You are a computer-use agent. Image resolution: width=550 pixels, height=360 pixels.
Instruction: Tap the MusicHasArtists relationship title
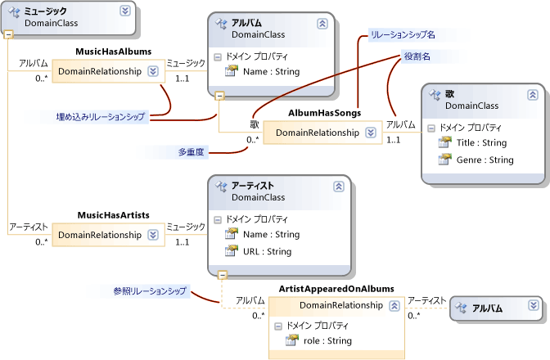point(113,214)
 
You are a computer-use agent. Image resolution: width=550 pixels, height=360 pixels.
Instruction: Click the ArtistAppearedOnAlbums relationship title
point(336,289)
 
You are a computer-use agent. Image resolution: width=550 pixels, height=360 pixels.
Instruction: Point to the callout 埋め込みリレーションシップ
point(95,117)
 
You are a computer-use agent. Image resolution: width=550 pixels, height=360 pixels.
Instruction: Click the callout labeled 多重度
point(192,151)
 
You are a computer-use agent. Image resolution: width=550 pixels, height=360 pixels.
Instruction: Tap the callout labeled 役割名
point(417,56)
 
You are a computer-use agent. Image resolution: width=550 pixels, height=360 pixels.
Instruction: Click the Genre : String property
point(485,160)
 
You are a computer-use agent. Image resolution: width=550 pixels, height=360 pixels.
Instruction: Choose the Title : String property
point(482,142)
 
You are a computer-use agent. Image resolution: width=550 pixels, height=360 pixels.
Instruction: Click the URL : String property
point(267,251)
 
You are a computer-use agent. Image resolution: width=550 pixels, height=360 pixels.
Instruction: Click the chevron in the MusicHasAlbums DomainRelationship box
point(152,71)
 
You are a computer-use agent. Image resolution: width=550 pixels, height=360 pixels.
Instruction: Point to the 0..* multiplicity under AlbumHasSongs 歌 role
point(252,139)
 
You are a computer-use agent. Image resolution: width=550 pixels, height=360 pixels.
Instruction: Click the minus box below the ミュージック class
point(8,35)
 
